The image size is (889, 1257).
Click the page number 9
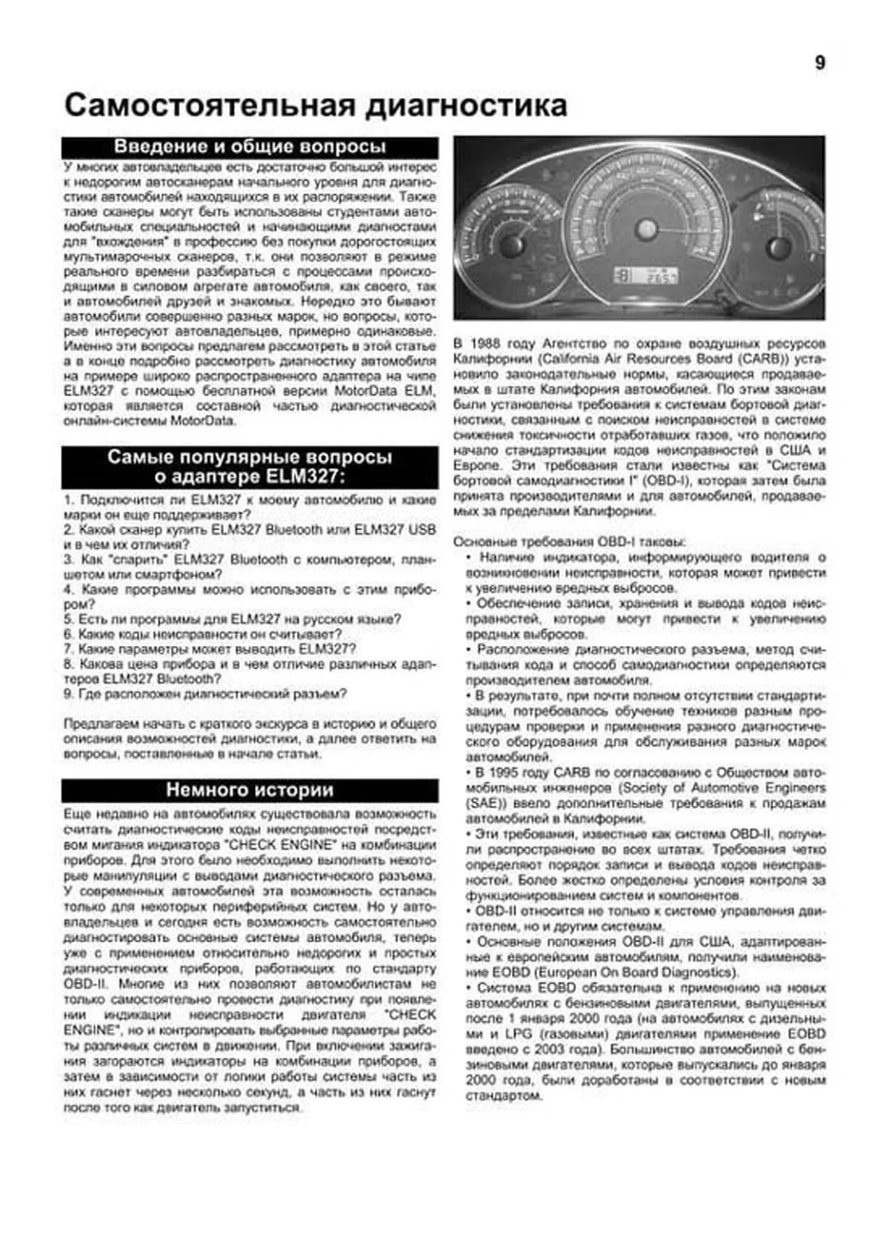click(819, 63)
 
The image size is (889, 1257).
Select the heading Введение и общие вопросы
click(250, 147)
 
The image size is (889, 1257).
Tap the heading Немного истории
click(250, 790)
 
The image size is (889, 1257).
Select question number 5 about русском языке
click(233, 619)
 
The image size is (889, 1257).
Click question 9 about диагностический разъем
click(205, 694)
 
